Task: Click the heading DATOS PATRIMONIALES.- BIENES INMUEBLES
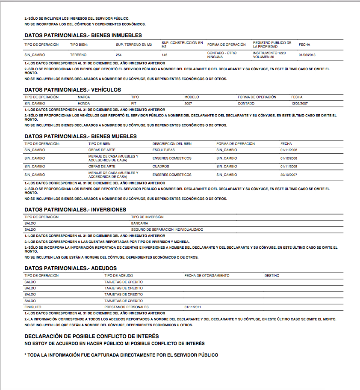tap(83, 36)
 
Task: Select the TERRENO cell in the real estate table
tap(78, 55)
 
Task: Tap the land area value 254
tap(118, 55)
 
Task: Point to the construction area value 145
tap(164, 55)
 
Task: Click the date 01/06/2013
tap(307, 55)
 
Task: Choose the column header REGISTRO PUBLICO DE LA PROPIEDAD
tap(272, 45)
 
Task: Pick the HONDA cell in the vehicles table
tap(84, 104)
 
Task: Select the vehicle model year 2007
tap(189, 104)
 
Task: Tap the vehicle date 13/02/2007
tap(300, 104)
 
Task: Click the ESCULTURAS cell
tap(163, 150)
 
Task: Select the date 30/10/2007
tap(289, 175)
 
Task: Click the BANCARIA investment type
tap(140, 223)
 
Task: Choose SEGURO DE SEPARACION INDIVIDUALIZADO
tap(167, 229)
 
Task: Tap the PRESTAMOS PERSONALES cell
tap(127, 307)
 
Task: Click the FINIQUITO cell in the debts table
tap(33, 307)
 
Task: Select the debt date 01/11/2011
tap(192, 307)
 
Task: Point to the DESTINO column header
tap(272, 276)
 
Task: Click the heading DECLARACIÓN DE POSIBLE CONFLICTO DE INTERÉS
tap(91, 336)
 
